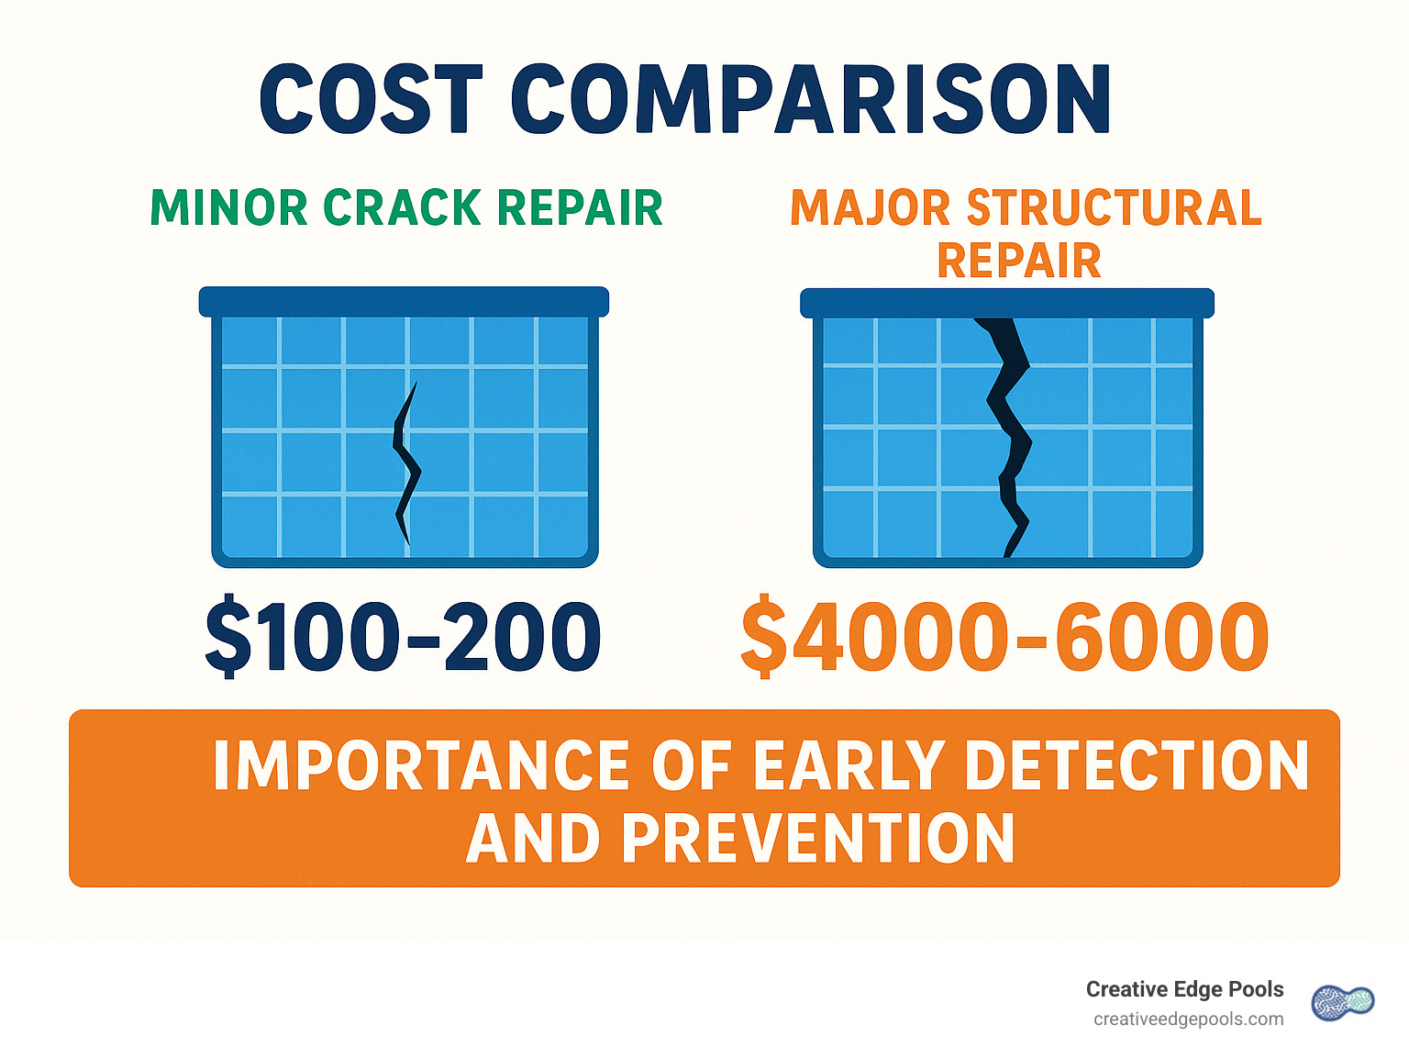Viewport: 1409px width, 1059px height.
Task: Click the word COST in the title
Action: (372, 101)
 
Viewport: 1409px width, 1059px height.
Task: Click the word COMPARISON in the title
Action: (811, 101)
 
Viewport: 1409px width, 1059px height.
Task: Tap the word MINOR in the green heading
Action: (229, 208)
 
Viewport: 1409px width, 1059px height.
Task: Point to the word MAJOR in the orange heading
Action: (870, 208)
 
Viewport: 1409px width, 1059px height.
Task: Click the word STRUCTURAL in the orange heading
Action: (1115, 208)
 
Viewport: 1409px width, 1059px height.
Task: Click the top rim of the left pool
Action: (404, 302)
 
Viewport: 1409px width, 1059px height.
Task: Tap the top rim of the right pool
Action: (1007, 303)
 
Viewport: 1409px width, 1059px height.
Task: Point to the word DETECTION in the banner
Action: (1137, 766)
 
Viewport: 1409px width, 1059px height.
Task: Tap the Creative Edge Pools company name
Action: (1184, 989)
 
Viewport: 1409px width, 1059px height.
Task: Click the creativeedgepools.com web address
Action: (1188, 1020)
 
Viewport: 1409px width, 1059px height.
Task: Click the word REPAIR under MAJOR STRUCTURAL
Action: (1018, 262)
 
